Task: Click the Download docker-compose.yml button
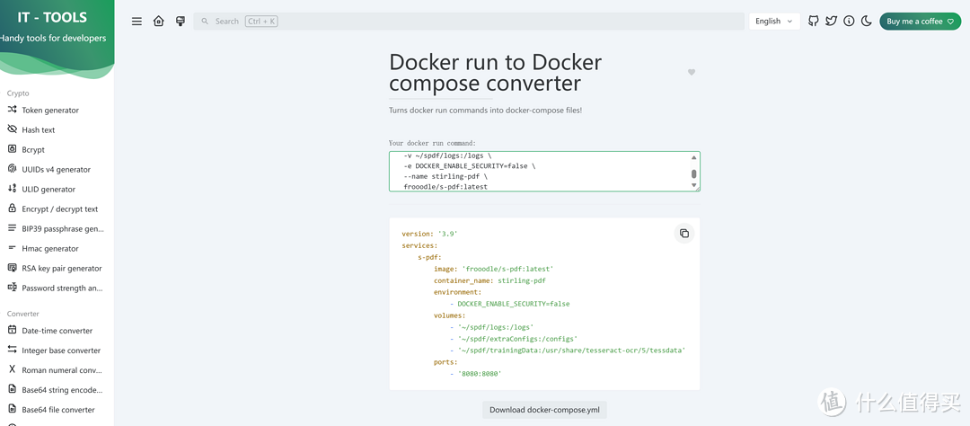(544, 410)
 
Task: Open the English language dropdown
(774, 21)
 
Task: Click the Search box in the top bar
(468, 21)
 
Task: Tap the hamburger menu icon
(137, 21)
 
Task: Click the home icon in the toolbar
(159, 21)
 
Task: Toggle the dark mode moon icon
(867, 21)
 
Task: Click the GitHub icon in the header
(814, 21)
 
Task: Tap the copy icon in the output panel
(684, 234)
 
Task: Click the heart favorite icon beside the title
(692, 72)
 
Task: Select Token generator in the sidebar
(50, 111)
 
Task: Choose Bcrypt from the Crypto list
(33, 150)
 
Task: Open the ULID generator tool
(48, 190)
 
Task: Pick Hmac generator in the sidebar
(50, 249)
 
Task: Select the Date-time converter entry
(57, 331)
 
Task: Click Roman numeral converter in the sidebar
(61, 370)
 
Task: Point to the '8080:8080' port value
(480, 374)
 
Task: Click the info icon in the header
(849, 21)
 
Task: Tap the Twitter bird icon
(832, 21)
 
